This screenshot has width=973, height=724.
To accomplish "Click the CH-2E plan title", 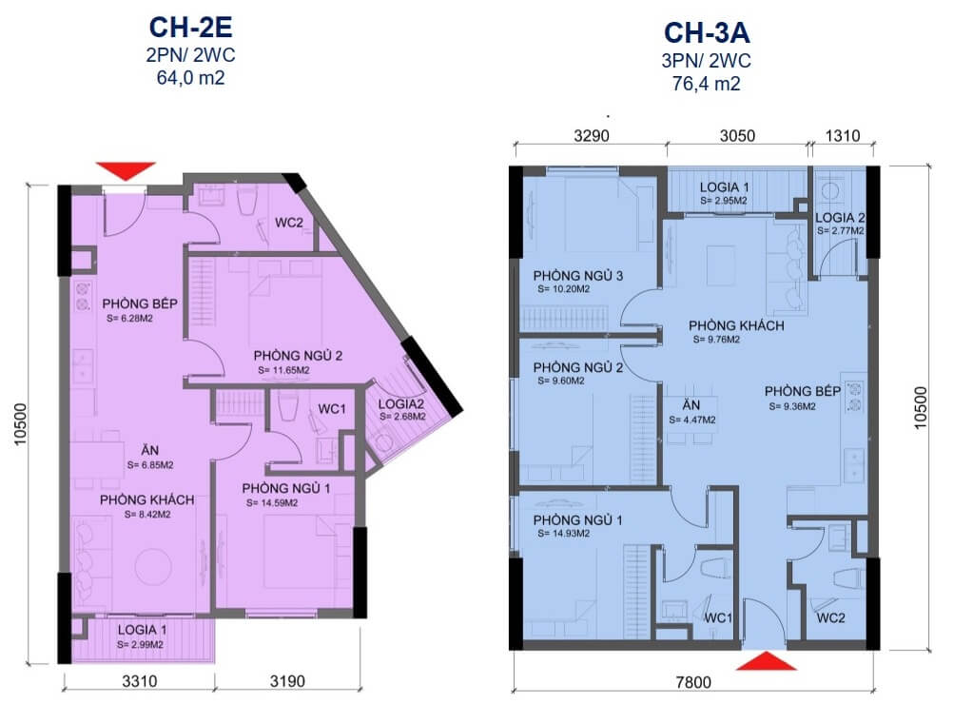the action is point(190,28).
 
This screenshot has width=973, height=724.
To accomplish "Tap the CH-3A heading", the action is point(707,33).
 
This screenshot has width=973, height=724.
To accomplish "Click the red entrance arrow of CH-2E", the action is point(126,170).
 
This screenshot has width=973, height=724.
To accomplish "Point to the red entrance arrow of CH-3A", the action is point(766,660).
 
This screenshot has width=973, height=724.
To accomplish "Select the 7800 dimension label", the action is point(693,682).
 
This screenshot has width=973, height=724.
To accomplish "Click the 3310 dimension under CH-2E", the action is point(140,681).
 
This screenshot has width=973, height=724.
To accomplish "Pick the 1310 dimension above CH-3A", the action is point(843,136).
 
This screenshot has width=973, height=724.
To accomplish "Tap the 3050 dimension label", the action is point(737,136).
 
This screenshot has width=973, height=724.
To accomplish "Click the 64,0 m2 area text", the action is point(190,78).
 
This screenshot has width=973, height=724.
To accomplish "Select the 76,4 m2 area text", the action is point(706,84).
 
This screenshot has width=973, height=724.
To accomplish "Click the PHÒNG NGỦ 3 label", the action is point(577,276).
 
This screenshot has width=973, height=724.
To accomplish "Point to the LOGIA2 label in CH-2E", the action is point(400,404).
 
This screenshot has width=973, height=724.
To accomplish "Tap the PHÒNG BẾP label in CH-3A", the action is point(803,391).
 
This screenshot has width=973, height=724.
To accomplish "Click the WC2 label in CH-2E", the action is point(289,223).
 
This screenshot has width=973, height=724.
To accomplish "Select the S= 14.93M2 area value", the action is point(563,534).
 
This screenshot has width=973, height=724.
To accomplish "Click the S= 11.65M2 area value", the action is point(284,370).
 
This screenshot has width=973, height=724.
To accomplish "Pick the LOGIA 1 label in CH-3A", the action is point(724,186).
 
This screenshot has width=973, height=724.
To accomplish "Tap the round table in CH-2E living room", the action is point(154,566).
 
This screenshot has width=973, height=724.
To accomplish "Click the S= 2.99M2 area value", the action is point(140,644).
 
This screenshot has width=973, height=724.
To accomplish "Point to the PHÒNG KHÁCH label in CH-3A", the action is point(736,325).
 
